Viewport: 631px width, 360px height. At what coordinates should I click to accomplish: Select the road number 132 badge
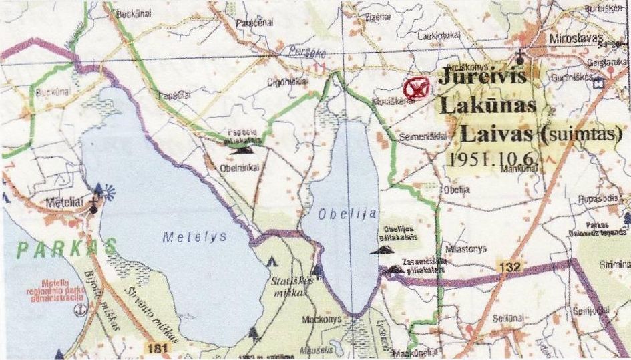(x=509, y=266)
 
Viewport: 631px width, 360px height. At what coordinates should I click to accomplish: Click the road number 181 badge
(x=154, y=347)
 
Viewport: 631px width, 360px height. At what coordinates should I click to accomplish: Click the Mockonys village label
(x=323, y=319)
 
